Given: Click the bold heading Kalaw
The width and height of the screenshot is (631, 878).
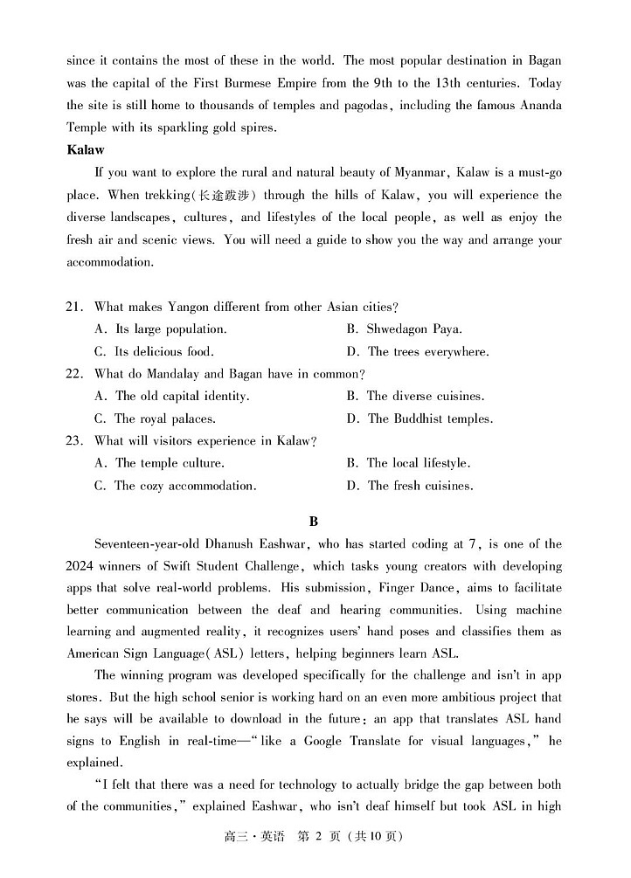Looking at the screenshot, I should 85,149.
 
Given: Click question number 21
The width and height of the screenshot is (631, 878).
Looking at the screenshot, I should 74,307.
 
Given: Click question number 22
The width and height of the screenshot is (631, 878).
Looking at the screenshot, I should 74,374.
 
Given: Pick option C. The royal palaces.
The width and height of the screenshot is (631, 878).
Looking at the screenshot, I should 163,418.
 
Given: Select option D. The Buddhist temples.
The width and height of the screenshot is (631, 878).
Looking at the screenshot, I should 420,418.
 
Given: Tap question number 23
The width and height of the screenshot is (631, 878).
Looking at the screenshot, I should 74,441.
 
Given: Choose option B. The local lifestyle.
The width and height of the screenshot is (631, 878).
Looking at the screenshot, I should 408,463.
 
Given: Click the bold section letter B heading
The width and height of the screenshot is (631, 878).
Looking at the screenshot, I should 315,522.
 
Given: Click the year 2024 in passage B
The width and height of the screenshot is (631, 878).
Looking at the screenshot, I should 82,566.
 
